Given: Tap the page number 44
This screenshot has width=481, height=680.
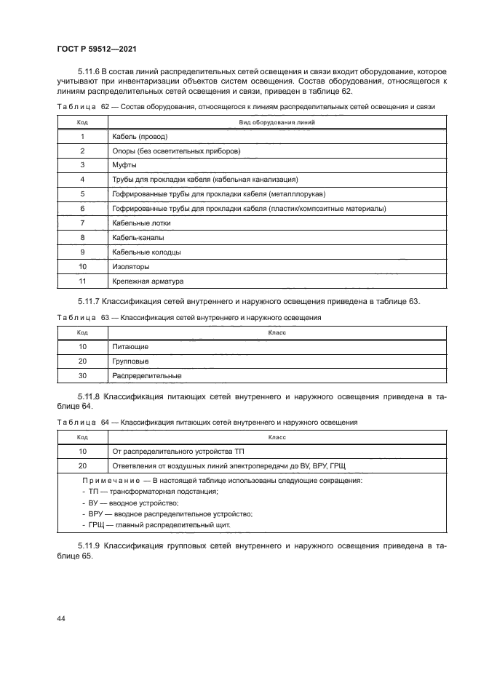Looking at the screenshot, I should click(60, 618).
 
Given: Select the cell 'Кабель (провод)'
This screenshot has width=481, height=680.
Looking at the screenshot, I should click(140, 137).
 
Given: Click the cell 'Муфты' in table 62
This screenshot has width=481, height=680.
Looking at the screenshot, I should click(124, 165).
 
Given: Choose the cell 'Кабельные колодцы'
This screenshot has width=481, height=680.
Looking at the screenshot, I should click(146, 252).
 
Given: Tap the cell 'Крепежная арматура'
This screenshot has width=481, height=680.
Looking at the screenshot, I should click(148, 281).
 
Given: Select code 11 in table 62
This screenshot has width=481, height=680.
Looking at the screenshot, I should click(82, 281).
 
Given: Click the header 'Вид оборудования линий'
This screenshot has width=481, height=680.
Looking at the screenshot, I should click(277, 123).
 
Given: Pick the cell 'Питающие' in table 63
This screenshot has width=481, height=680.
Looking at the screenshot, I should click(130, 347).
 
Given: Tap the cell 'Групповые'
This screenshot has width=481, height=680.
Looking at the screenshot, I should click(131, 361).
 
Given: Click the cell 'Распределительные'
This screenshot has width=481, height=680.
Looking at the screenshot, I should click(146, 375).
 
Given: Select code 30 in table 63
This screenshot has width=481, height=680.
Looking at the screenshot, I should click(82, 375).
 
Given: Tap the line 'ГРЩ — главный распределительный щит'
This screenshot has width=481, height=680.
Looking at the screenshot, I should click(158, 524).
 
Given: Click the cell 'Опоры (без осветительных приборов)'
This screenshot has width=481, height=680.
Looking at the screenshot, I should click(176, 151).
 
